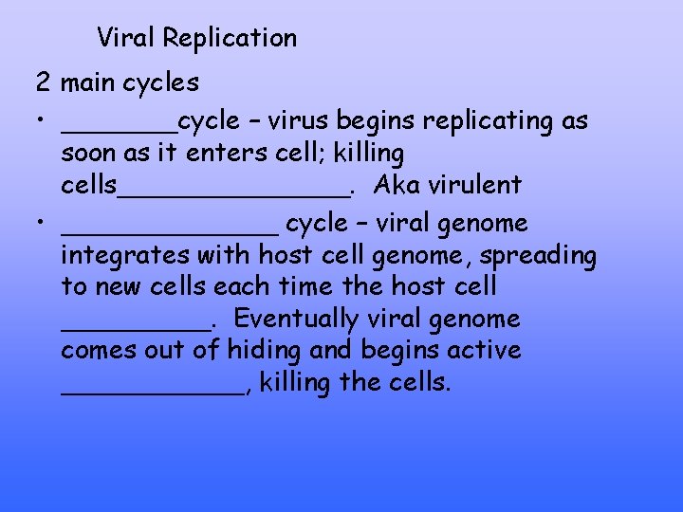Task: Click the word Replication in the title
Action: click(x=230, y=38)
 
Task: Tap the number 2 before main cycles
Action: click(x=44, y=82)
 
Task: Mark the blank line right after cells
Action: click(x=233, y=193)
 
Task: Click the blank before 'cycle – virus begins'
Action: click(x=119, y=131)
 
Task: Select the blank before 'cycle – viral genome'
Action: click(x=170, y=232)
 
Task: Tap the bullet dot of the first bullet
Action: click(x=43, y=122)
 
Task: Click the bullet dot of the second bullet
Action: click(x=43, y=224)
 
